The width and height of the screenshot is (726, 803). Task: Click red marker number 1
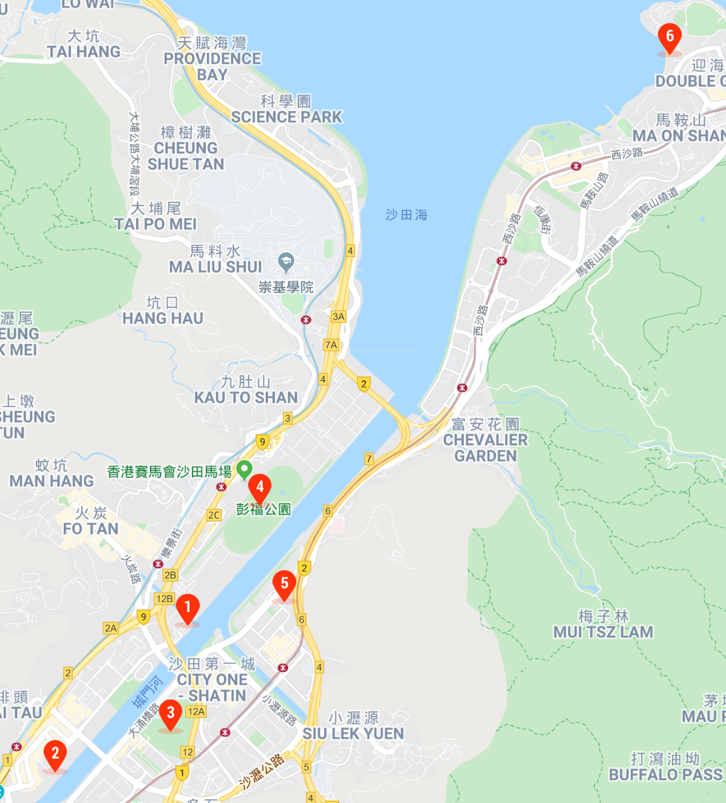pos(188,608)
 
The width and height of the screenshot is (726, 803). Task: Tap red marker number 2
pos(55,754)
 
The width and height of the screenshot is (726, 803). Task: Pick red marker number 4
pos(260,488)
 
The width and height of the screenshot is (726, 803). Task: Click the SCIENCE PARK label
pos(287,116)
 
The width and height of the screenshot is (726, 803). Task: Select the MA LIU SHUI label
pos(215,266)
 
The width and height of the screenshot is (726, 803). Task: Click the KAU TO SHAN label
pos(246,397)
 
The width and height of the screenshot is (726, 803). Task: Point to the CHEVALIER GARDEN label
pos(486,448)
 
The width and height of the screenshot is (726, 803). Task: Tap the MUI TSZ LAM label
pos(603,632)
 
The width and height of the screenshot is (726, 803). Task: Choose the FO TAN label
pos(91,528)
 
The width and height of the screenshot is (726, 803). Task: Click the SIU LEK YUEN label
pos(353,733)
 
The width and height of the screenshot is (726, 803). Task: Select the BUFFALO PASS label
pos(666,774)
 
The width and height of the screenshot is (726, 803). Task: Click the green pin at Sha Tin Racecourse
pos(244,469)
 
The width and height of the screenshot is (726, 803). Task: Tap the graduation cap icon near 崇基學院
pos(286,262)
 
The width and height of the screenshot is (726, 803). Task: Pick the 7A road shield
pos(331,344)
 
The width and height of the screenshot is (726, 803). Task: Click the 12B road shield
pos(165,599)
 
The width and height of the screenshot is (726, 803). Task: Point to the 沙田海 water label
pos(406,215)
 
